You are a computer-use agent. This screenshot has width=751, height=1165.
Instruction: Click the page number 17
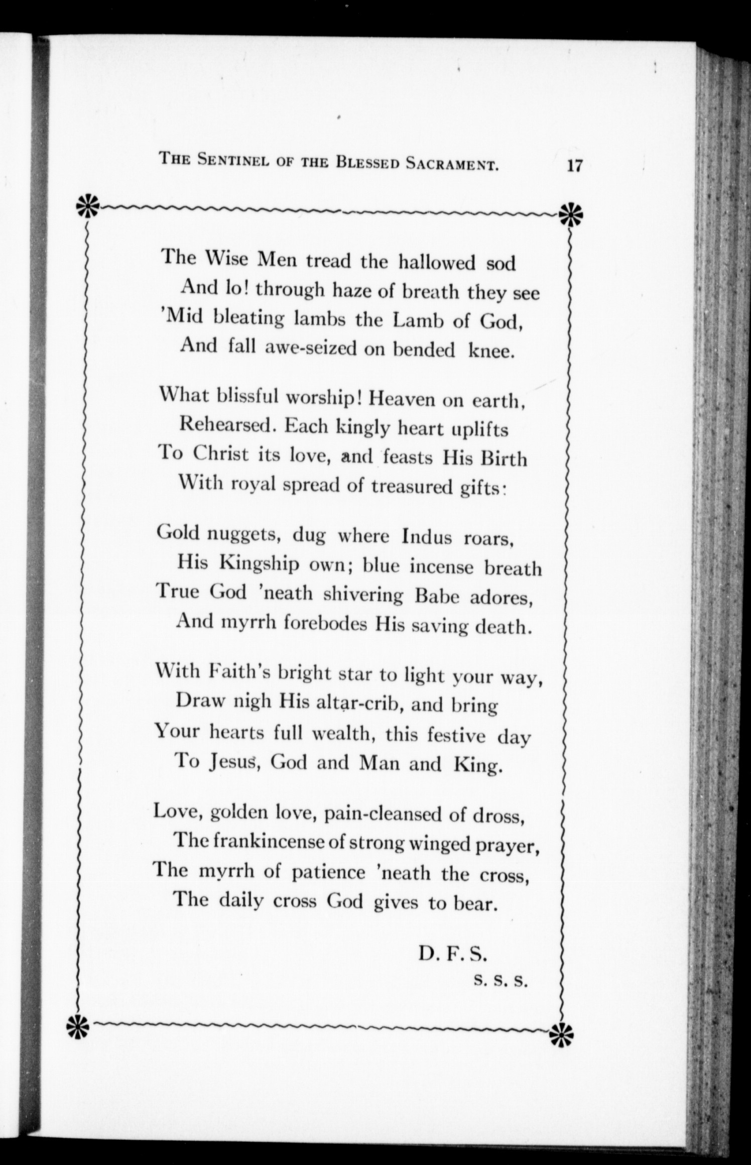point(573,166)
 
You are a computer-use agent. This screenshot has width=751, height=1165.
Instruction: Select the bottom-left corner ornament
point(79,1021)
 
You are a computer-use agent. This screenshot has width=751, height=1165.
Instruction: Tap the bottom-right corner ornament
point(561,1031)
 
